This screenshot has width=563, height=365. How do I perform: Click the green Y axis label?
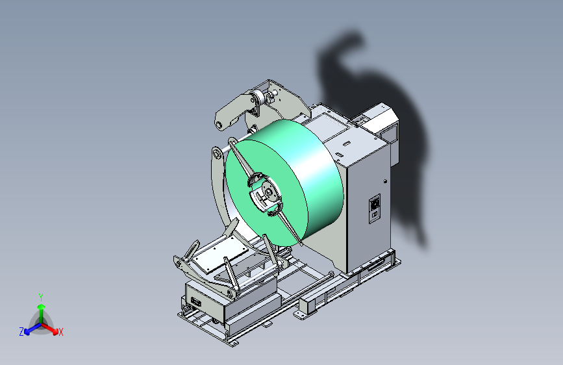tap(41, 297)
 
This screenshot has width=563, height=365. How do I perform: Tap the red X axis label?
tap(60, 333)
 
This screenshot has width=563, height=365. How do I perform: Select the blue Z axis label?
tap(21, 332)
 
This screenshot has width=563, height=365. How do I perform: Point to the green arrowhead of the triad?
tap(42, 307)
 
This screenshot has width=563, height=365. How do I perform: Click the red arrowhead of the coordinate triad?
tap(55, 331)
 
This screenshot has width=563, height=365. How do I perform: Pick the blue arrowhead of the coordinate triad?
tap(27, 332)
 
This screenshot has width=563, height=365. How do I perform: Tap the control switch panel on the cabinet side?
tap(375, 208)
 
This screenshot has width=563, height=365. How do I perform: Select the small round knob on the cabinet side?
tap(385, 181)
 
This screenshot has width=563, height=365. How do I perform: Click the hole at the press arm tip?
tap(219, 125)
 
